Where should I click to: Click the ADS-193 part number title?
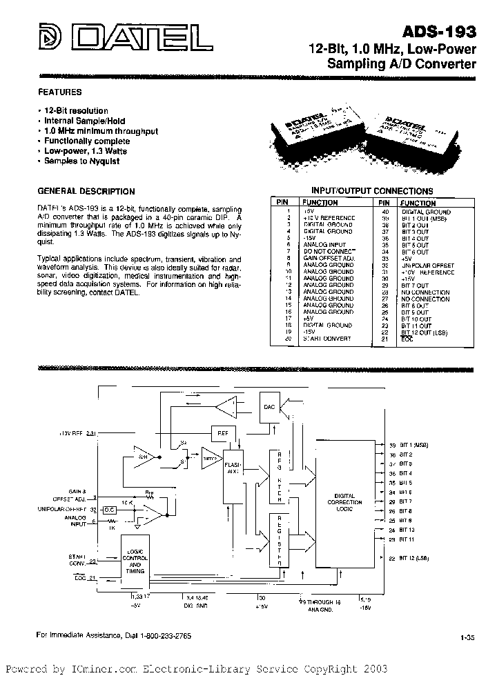[x=445, y=31]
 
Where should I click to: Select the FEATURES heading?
[x=59, y=92]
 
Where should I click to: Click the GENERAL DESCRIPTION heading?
[x=86, y=191]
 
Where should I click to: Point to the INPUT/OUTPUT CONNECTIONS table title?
[x=372, y=191]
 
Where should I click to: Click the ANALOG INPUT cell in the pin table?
[x=323, y=245]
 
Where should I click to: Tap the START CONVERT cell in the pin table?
[x=327, y=339]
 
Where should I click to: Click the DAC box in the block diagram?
[x=269, y=407]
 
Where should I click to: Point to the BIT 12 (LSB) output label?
[x=413, y=558]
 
